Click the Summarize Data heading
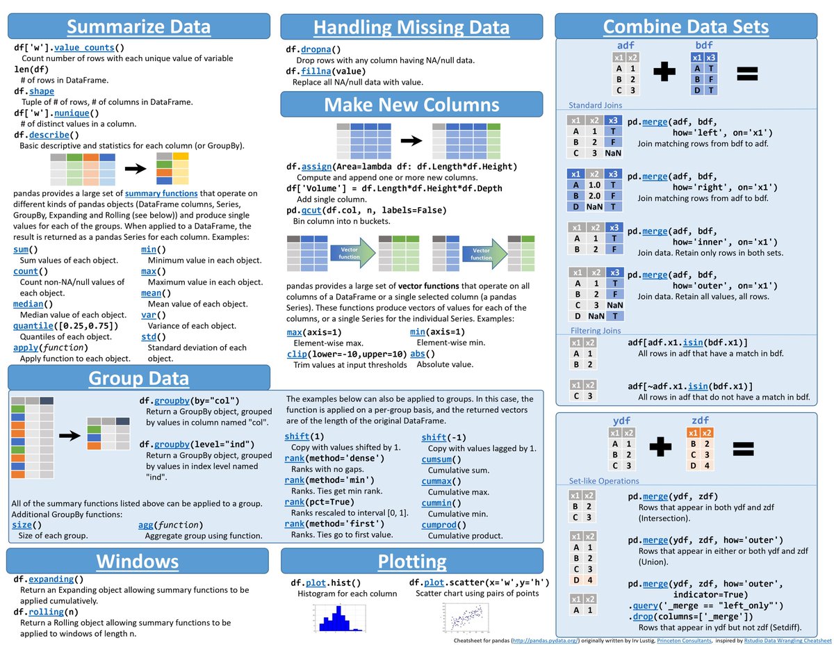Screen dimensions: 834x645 click(x=139, y=27)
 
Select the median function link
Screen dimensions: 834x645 click(x=28, y=304)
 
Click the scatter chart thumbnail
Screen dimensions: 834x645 click(x=463, y=617)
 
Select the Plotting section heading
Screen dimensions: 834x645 click(x=412, y=562)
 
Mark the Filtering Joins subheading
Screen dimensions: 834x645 click(x=596, y=330)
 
